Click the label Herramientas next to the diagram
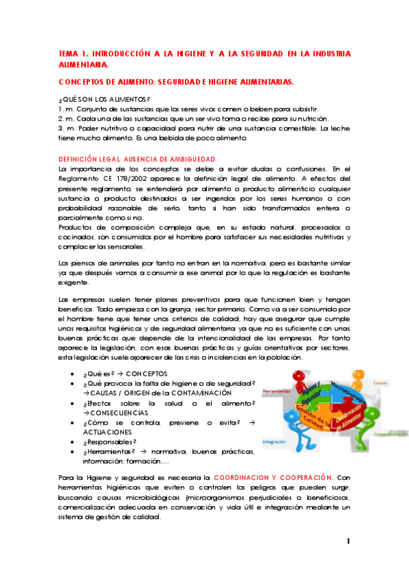coord(275,391)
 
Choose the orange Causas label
coord(381,384)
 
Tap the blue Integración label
coord(274,441)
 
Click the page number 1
coord(348,541)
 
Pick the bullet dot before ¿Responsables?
coord(72,423)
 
